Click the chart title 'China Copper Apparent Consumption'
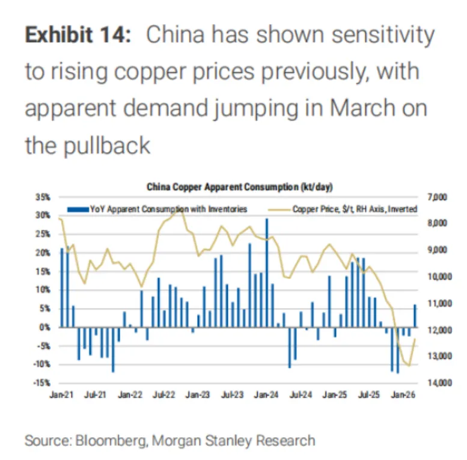tap(222, 187)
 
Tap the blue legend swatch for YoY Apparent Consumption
tap(78, 209)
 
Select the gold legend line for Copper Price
tap(279, 210)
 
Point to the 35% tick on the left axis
tap(43, 197)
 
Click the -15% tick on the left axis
tap(41, 383)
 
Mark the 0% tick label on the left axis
tap(44, 328)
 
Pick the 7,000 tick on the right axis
tap(438, 197)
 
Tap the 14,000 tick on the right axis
tap(439, 383)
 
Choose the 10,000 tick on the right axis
tap(439, 277)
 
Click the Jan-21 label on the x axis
tap(61, 394)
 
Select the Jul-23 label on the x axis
tap(232, 394)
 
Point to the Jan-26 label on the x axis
tap(403, 394)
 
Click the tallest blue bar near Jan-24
tap(267, 273)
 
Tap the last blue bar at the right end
tap(415, 316)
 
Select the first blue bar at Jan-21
tap(62, 288)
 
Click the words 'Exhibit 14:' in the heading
tap(78, 34)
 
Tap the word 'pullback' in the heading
tap(107, 146)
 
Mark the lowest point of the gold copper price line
tap(409, 366)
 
